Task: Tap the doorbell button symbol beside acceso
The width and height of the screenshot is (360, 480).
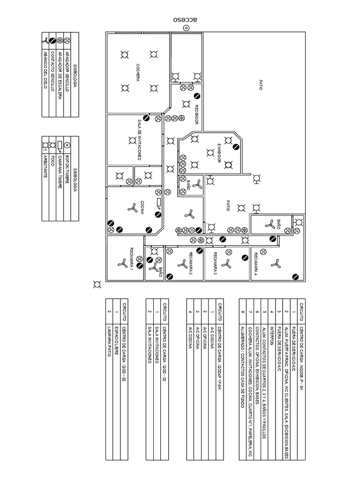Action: coord(186,29)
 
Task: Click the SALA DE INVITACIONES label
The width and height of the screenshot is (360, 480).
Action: coord(139,140)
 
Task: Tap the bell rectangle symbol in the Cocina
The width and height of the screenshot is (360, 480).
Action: coord(159,202)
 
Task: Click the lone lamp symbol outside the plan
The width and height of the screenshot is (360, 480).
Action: coord(97,284)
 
